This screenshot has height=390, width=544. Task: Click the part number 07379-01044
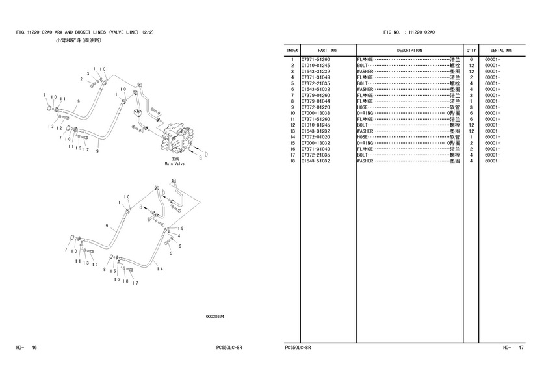pyautogui.click(x=315, y=101)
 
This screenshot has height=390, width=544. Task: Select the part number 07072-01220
pyautogui.click(x=315, y=107)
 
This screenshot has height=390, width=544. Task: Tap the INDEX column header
pyautogui.click(x=292, y=51)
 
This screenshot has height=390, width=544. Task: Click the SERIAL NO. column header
pyautogui.click(x=501, y=51)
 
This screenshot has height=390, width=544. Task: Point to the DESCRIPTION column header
pyautogui.click(x=409, y=51)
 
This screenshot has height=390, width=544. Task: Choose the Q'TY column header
pyautogui.click(x=471, y=51)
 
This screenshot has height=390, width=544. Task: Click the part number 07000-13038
pyautogui.click(x=315, y=113)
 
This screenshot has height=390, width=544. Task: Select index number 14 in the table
pyautogui.click(x=292, y=137)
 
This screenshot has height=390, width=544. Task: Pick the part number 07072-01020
pyautogui.click(x=315, y=137)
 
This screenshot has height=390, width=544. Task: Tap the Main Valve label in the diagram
pyautogui.click(x=175, y=164)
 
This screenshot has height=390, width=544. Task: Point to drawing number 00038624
pyautogui.click(x=214, y=317)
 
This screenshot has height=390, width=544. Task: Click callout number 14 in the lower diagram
pyautogui.click(x=160, y=269)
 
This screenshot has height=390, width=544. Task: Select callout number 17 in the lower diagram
pyautogui.click(x=135, y=283)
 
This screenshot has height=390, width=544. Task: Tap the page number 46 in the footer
pyautogui.click(x=34, y=347)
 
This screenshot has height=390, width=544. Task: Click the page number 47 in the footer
pyautogui.click(x=521, y=347)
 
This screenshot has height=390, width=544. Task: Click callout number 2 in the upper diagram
pyautogui.click(x=81, y=79)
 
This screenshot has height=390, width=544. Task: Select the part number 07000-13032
pyautogui.click(x=315, y=143)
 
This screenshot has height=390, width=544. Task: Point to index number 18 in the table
pyautogui.click(x=292, y=161)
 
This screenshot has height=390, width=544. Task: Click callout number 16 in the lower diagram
pyautogui.click(x=116, y=279)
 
